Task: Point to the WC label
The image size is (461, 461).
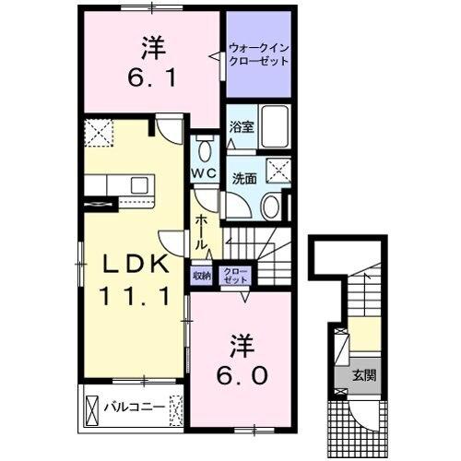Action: [x=204, y=173]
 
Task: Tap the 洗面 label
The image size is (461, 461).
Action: [x=243, y=178]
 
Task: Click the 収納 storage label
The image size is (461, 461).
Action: [x=202, y=274]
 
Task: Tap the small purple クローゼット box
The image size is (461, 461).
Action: [x=231, y=274]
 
